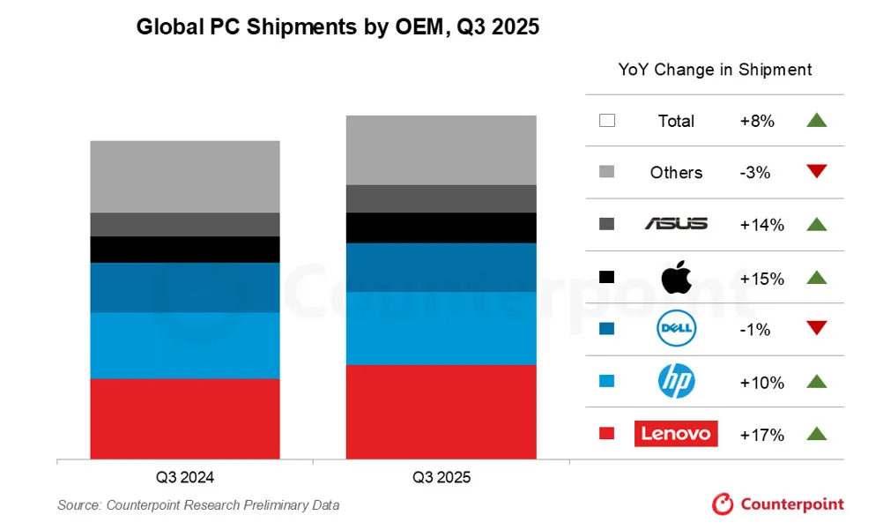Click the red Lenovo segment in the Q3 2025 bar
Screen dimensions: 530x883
[x=441, y=412]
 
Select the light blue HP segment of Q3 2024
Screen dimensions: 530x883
[x=185, y=346]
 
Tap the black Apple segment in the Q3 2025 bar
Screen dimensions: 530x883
[x=441, y=228]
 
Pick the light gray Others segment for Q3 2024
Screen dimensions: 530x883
[x=185, y=176]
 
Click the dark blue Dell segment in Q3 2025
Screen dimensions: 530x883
[x=441, y=267]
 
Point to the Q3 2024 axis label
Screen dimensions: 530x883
[x=185, y=478]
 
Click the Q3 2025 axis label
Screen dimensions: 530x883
[x=441, y=478]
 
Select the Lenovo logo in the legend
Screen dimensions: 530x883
[x=676, y=434]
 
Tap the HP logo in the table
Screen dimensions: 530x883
[x=676, y=382]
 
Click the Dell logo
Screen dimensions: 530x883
[x=676, y=330]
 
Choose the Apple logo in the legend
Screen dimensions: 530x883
[x=676, y=277]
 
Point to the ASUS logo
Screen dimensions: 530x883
[x=676, y=225]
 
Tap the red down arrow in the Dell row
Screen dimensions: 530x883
[x=817, y=329]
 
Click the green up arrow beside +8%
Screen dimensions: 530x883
[x=817, y=121]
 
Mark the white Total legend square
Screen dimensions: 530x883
[x=606, y=121]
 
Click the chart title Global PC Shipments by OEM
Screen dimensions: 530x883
[x=337, y=28]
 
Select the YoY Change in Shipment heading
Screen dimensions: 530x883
[x=715, y=70]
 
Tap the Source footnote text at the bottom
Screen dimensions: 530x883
[x=198, y=505]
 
